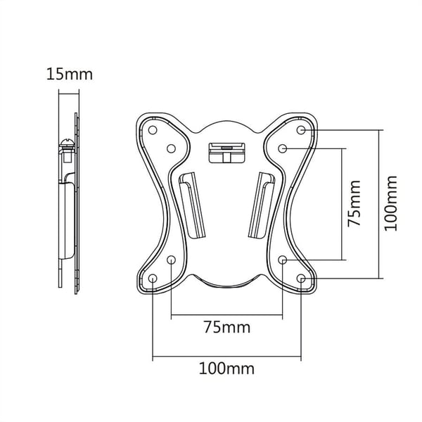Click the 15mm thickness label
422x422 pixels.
pyautogui.click(x=70, y=74)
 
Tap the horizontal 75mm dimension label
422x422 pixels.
pyautogui.click(x=227, y=327)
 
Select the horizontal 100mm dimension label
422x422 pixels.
pyautogui.click(x=226, y=369)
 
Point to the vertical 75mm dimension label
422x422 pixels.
pyautogui.click(x=354, y=204)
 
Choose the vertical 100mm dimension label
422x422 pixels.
pyautogui.click(x=391, y=203)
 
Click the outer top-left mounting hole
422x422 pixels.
pyautogui.click(x=153, y=130)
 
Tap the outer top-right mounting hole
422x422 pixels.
pyautogui.click(x=301, y=130)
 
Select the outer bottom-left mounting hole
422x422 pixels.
pyautogui.click(x=153, y=279)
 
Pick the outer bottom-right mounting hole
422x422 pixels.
pyautogui.click(x=301, y=279)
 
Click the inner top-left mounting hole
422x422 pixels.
pyautogui.click(x=171, y=148)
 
